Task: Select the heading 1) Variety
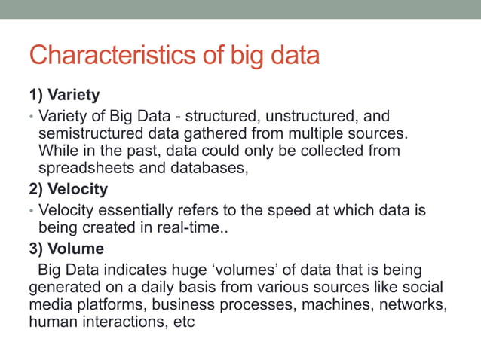click(x=64, y=96)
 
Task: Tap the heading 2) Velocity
click(x=68, y=188)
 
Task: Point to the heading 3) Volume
click(x=66, y=248)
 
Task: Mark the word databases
click(x=211, y=168)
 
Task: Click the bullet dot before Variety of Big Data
click(x=32, y=117)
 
